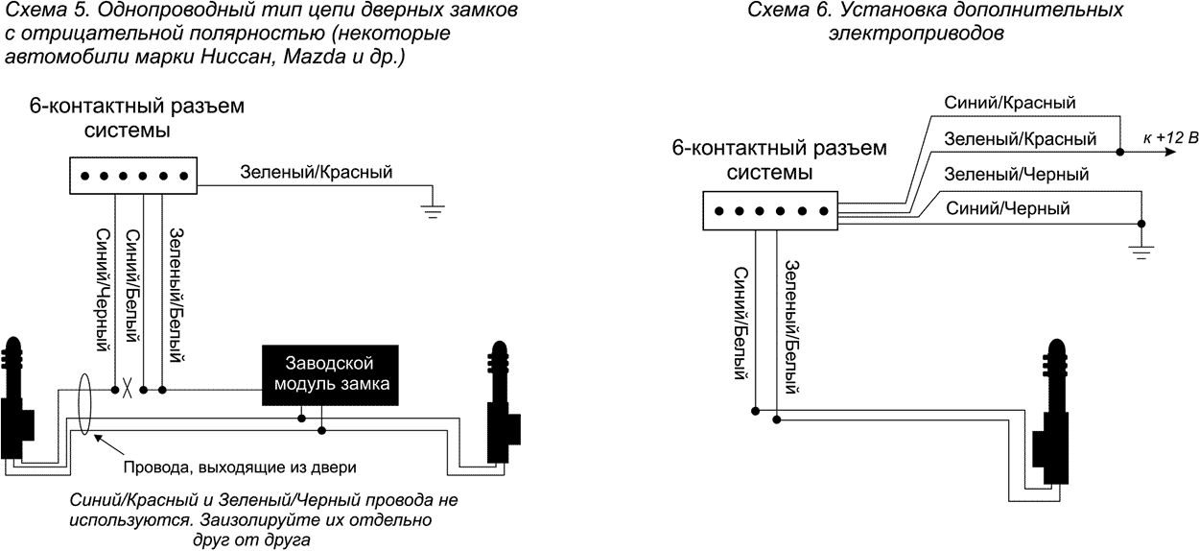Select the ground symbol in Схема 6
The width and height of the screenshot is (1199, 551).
pos(1140,252)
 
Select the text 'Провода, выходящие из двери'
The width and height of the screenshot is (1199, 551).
pos(240,468)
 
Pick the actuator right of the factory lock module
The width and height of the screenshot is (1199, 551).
pos(502,403)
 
